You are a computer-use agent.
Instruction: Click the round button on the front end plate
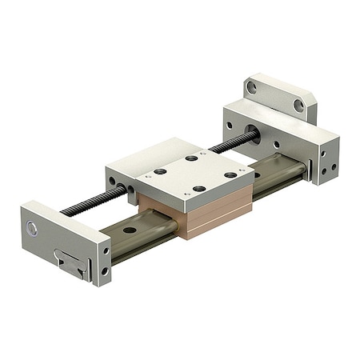pyautogui.click(x=32, y=230)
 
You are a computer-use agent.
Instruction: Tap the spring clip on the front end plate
pyautogui.click(x=70, y=263)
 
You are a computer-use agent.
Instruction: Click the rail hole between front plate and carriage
pyautogui.click(x=129, y=232)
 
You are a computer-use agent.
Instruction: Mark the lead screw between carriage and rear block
pyautogui.click(x=232, y=144)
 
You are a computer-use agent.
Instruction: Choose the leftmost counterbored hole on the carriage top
pyautogui.click(x=160, y=172)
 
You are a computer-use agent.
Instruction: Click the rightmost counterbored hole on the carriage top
pyautogui.click(x=230, y=174)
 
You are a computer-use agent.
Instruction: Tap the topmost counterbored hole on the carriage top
pyautogui.click(x=192, y=158)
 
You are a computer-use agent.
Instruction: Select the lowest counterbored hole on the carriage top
pyautogui.click(x=199, y=189)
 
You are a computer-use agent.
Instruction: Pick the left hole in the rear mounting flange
pyautogui.click(x=252, y=87)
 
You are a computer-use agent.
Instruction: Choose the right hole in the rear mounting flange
pyautogui.click(x=298, y=105)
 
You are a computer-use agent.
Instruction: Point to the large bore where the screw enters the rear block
pyautogui.click(x=252, y=131)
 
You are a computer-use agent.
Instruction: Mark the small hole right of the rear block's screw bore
pyautogui.click(x=277, y=145)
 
